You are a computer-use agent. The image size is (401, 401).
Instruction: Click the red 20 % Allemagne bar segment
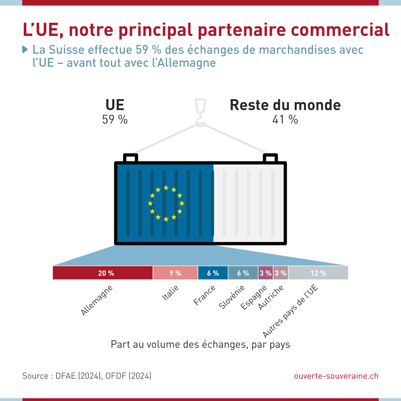pos(102,273)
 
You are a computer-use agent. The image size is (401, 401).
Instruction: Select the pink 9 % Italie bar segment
pos(175,273)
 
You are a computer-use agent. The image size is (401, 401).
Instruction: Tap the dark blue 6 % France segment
pos(213,273)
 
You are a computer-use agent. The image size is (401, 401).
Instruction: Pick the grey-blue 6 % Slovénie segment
pos(243,273)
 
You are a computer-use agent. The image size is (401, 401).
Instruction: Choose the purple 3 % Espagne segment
pos(265,273)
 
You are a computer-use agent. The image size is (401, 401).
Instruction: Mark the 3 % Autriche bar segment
pos(281,273)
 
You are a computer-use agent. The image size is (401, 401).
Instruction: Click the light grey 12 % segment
pos(318,273)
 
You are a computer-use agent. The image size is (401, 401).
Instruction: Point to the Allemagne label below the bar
pos(97,300)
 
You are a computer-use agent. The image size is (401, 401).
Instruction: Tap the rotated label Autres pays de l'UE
pos(290,311)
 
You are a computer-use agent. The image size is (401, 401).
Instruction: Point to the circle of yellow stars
pos(166,203)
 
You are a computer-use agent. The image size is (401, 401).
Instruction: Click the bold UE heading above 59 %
pos(115,105)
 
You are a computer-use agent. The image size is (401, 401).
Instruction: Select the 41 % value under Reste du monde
pos(285,120)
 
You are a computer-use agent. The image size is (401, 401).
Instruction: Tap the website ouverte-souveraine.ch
pos(336,376)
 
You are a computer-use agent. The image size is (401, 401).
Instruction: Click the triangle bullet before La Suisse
pos(25,49)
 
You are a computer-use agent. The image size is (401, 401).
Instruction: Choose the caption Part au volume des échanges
pos(200,344)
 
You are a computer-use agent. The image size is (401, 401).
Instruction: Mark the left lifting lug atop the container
pos(130,158)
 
